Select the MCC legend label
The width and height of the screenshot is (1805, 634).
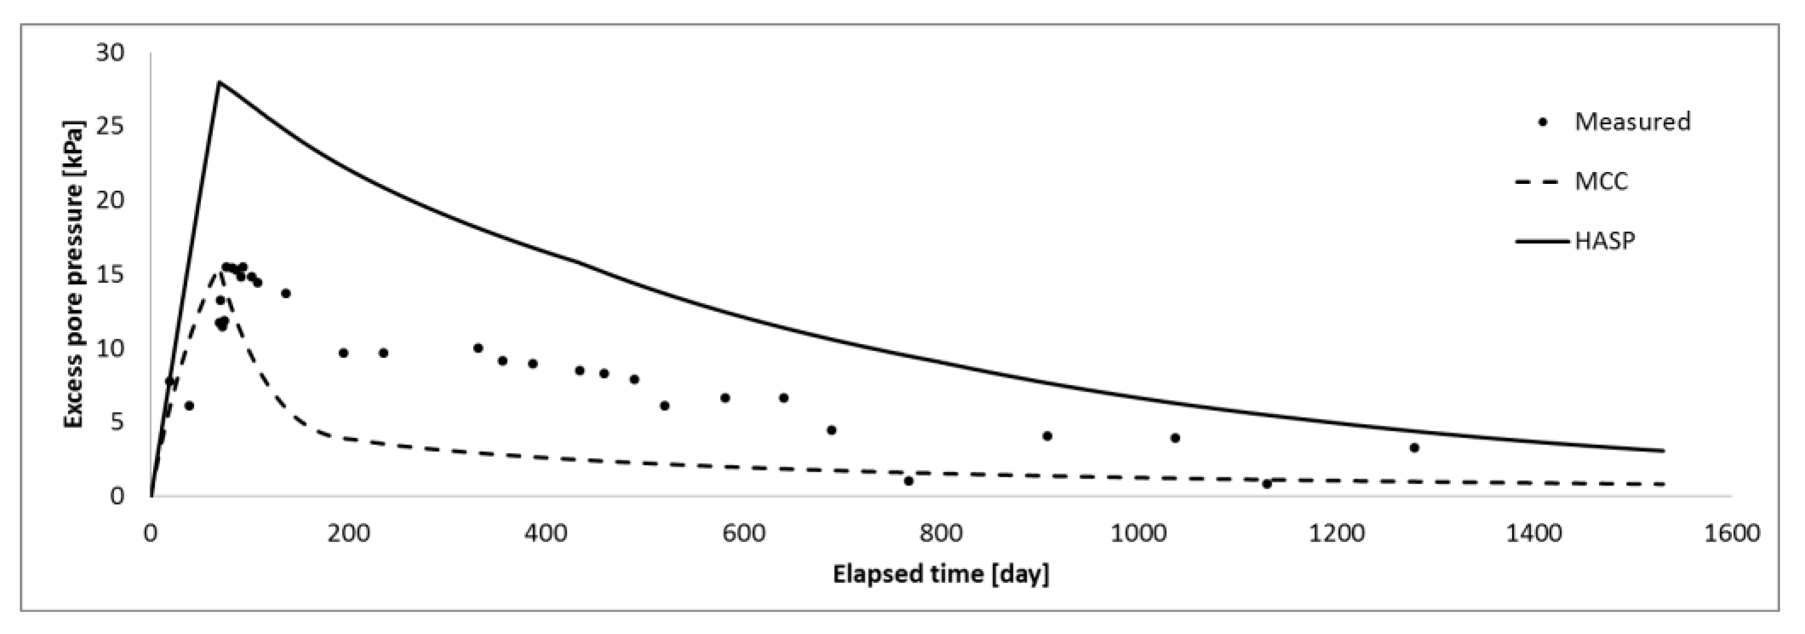(1601, 182)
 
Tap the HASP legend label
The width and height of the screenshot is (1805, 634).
(1605, 241)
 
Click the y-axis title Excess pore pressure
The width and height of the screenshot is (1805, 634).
(74, 275)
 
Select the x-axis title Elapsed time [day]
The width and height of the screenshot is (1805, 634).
(940, 574)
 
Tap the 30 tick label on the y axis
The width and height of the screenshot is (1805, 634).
(110, 53)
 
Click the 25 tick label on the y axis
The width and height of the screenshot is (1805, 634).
(110, 127)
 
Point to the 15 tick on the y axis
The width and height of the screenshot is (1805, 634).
(110, 275)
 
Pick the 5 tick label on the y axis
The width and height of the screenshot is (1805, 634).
(117, 422)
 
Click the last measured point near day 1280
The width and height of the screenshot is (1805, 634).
(1414, 448)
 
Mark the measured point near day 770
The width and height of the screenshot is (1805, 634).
(909, 481)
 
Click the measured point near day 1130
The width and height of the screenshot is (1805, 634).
(1267, 484)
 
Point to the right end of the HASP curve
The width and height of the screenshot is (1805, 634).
(1663, 451)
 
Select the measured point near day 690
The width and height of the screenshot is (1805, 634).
(832, 430)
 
